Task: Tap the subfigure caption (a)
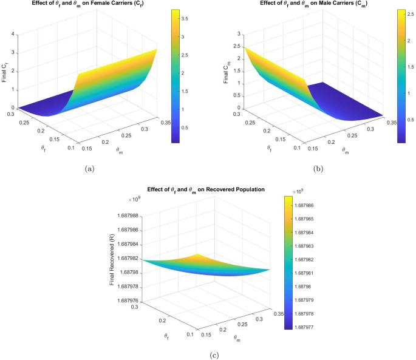(89, 168)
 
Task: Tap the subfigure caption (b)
(316, 168)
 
